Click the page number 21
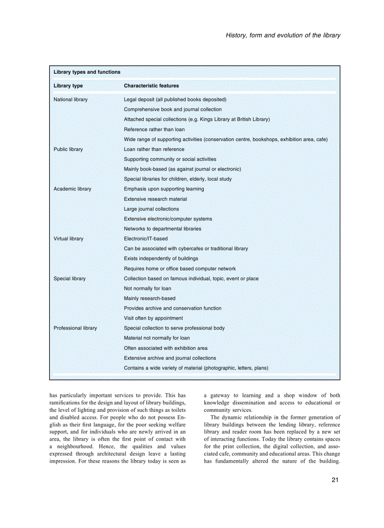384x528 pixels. [335, 480]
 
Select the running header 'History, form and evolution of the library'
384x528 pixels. [283, 35]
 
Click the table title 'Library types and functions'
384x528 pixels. [87, 72]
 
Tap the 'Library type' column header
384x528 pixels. [68, 86]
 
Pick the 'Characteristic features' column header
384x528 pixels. [151, 86]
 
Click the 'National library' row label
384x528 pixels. [71, 100]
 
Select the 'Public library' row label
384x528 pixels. [68, 150]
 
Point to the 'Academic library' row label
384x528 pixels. [72, 189]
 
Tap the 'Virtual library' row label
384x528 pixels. [69, 239]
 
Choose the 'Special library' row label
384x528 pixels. [70, 279]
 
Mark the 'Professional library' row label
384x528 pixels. [75, 328]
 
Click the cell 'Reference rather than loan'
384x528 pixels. [154, 129]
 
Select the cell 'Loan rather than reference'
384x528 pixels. [154, 150]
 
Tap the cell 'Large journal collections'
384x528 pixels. [152, 209]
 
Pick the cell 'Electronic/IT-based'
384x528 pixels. [146, 239]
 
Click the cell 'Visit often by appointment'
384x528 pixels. [153, 318]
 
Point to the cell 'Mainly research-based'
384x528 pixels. [150, 299]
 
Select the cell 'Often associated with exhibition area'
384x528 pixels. [166, 348]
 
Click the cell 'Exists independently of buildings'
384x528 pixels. [161, 259]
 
